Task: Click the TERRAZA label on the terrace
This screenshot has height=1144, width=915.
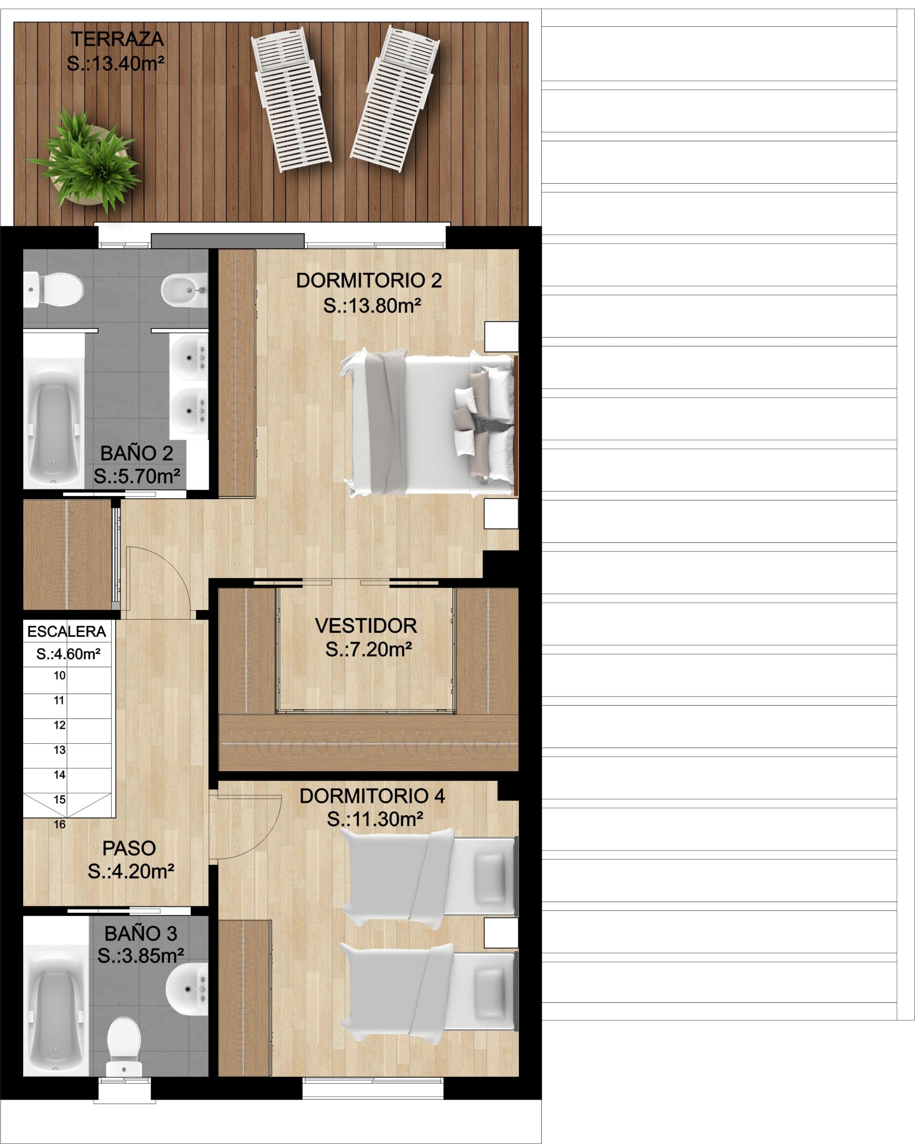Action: [117, 39]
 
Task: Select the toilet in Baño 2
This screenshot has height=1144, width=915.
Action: [54, 289]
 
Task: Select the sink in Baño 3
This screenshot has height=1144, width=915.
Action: [187, 988]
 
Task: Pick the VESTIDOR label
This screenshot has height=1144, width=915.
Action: [366, 626]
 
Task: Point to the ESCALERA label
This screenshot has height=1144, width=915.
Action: [67, 631]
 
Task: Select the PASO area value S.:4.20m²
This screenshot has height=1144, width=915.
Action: [131, 871]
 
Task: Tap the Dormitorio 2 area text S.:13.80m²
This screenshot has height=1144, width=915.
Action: [372, 306]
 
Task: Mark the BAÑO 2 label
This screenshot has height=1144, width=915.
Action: [136, 453]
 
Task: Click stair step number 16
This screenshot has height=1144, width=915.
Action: [59, 824]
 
